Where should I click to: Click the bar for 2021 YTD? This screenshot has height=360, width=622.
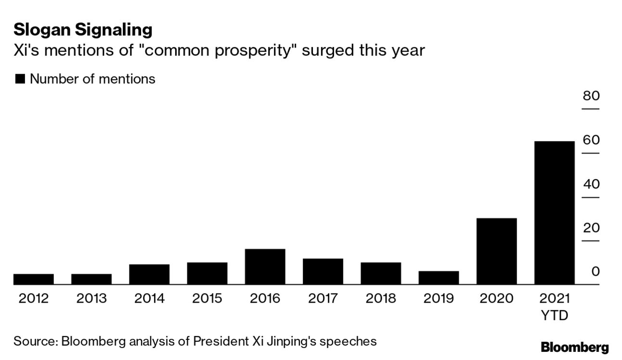[554, 213]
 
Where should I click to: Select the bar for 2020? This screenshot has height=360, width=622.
[496, 251]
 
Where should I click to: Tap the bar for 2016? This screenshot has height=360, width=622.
[265, 267]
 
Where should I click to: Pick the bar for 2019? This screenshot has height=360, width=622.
[439, 278]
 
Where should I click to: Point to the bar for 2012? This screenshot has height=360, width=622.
[34, 279]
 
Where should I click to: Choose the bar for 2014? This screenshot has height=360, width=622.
[149, 274]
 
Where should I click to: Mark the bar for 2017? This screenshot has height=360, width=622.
[323, 271]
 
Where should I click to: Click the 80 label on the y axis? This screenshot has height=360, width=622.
[591, 96]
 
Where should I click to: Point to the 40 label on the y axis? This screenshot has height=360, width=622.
[591, 184]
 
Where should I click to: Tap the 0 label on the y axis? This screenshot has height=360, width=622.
[595, 271]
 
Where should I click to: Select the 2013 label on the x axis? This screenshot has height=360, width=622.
[91, 299]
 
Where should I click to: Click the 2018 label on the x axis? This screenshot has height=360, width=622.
[381, 299]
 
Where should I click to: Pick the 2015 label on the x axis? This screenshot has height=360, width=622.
[207, 299]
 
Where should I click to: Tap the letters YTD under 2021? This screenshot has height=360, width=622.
[554, 316]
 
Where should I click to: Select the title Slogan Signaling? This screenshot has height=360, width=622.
[83, 30]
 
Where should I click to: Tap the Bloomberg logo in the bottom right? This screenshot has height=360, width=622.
[574, 347]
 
